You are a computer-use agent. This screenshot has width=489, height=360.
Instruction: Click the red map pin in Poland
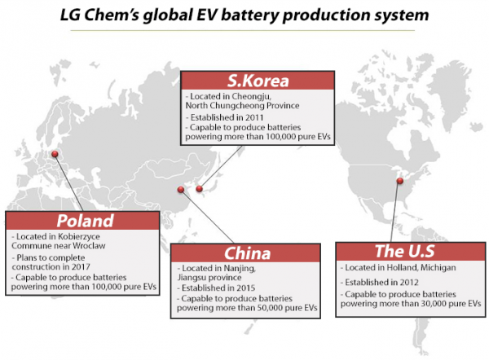[x=55, y=154]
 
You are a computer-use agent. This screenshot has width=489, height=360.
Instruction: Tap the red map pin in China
[x=181, y=189]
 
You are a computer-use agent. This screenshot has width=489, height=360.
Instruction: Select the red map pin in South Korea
[x=200, y=188]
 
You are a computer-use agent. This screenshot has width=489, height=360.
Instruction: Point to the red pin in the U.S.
[x=400, y=181]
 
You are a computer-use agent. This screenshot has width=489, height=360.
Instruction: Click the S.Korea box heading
[x=258, y=81]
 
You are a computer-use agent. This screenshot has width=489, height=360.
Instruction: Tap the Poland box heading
[x=85, y=221]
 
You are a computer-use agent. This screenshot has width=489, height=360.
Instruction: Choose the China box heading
[x=247, y=252]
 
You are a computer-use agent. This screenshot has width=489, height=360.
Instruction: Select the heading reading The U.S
[x=405, y=251]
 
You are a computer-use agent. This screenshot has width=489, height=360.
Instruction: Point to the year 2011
[x=254, y=117]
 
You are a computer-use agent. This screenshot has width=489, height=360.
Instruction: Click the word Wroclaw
[x=89, y=246]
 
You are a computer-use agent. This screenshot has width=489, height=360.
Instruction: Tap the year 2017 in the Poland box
[x=81, y=267]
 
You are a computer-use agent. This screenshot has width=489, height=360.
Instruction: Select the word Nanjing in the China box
[x=240, y=268]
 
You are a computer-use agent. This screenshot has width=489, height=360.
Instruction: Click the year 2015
[x=246, y=288]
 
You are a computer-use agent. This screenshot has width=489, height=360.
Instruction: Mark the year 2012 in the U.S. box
[x=409, y=283]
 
